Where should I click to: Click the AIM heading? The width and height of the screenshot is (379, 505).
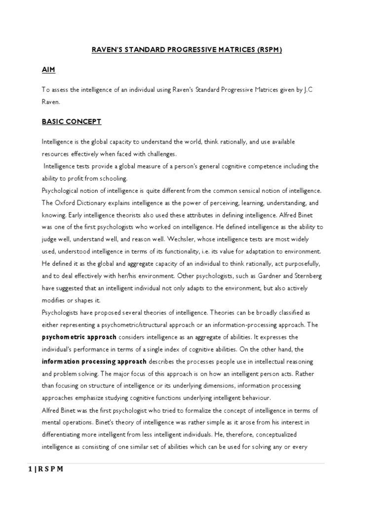click(x=48, y=70)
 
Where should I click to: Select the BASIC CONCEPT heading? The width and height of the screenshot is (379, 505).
click(x=72, y=121)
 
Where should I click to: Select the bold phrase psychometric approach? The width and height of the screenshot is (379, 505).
click(x=79, y=337)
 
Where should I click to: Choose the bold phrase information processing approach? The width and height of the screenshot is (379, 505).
click(x=94, y=361)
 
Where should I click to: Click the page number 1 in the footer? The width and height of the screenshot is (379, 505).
click(x=43, y=469)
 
